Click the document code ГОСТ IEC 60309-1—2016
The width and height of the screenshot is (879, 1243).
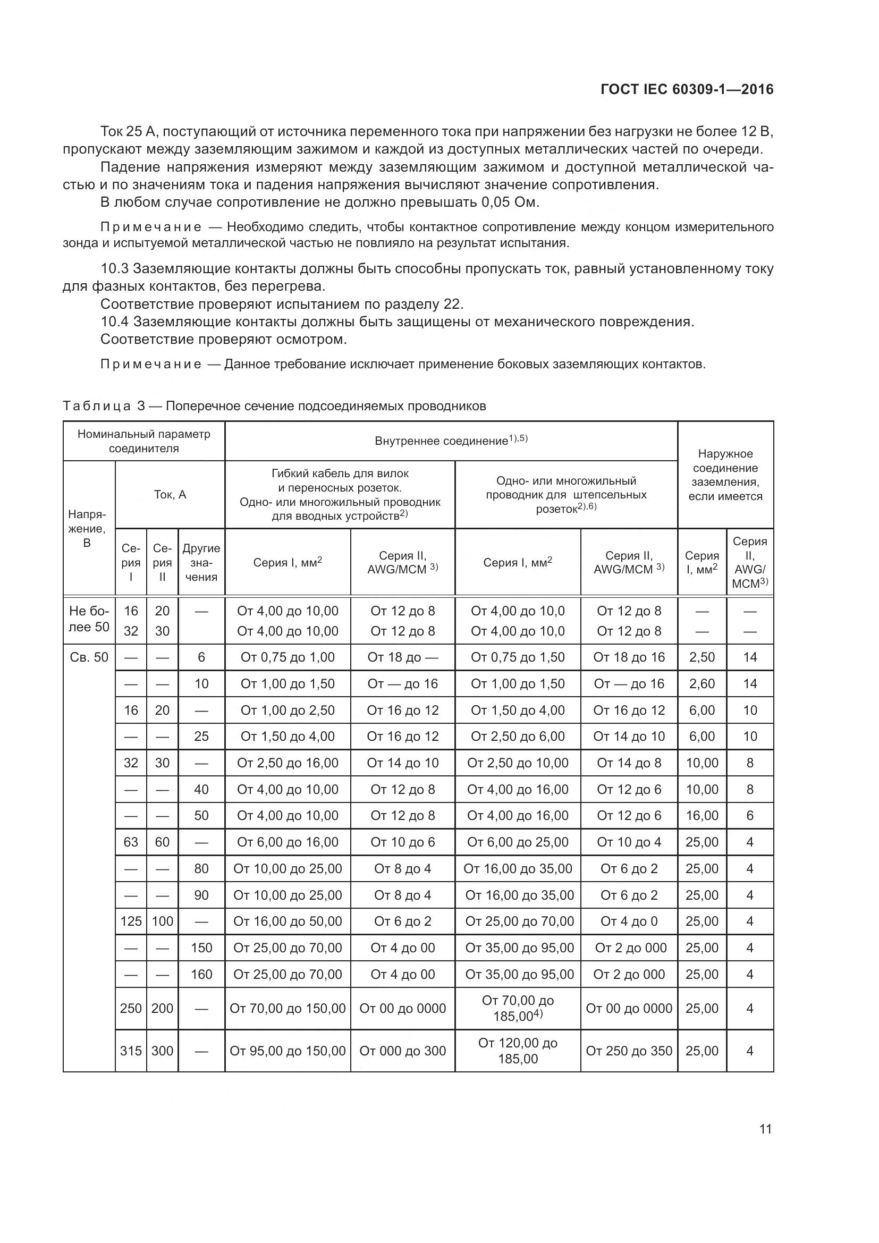tap(687, 89)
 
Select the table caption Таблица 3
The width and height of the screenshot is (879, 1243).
tap(104, 406)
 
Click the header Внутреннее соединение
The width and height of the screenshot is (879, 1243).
tap(451, 441)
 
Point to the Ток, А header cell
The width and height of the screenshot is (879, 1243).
tap(170, 494)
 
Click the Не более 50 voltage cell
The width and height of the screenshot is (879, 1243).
tap(89, 619)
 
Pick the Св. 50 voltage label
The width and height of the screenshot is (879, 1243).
tap(89, 657)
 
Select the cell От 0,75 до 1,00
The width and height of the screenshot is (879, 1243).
tap(288, 657)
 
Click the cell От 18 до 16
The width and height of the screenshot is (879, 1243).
tap(629, 657)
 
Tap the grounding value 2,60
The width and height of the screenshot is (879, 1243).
tap(702, 684)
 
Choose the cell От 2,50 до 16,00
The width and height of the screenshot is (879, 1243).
tap(288, 763)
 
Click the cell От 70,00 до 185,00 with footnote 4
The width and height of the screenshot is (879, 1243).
tap(518, 1008)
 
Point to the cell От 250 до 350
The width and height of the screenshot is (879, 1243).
tap(629, 1051)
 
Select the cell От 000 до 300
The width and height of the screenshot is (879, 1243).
tap(403, 1051)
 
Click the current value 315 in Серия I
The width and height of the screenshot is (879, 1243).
tap(131, 1051)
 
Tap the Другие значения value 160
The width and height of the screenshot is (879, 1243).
tap(201, 975)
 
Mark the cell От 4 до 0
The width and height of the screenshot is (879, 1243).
tap(629, 921)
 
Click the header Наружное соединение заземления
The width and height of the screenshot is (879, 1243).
tap(725, 475)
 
